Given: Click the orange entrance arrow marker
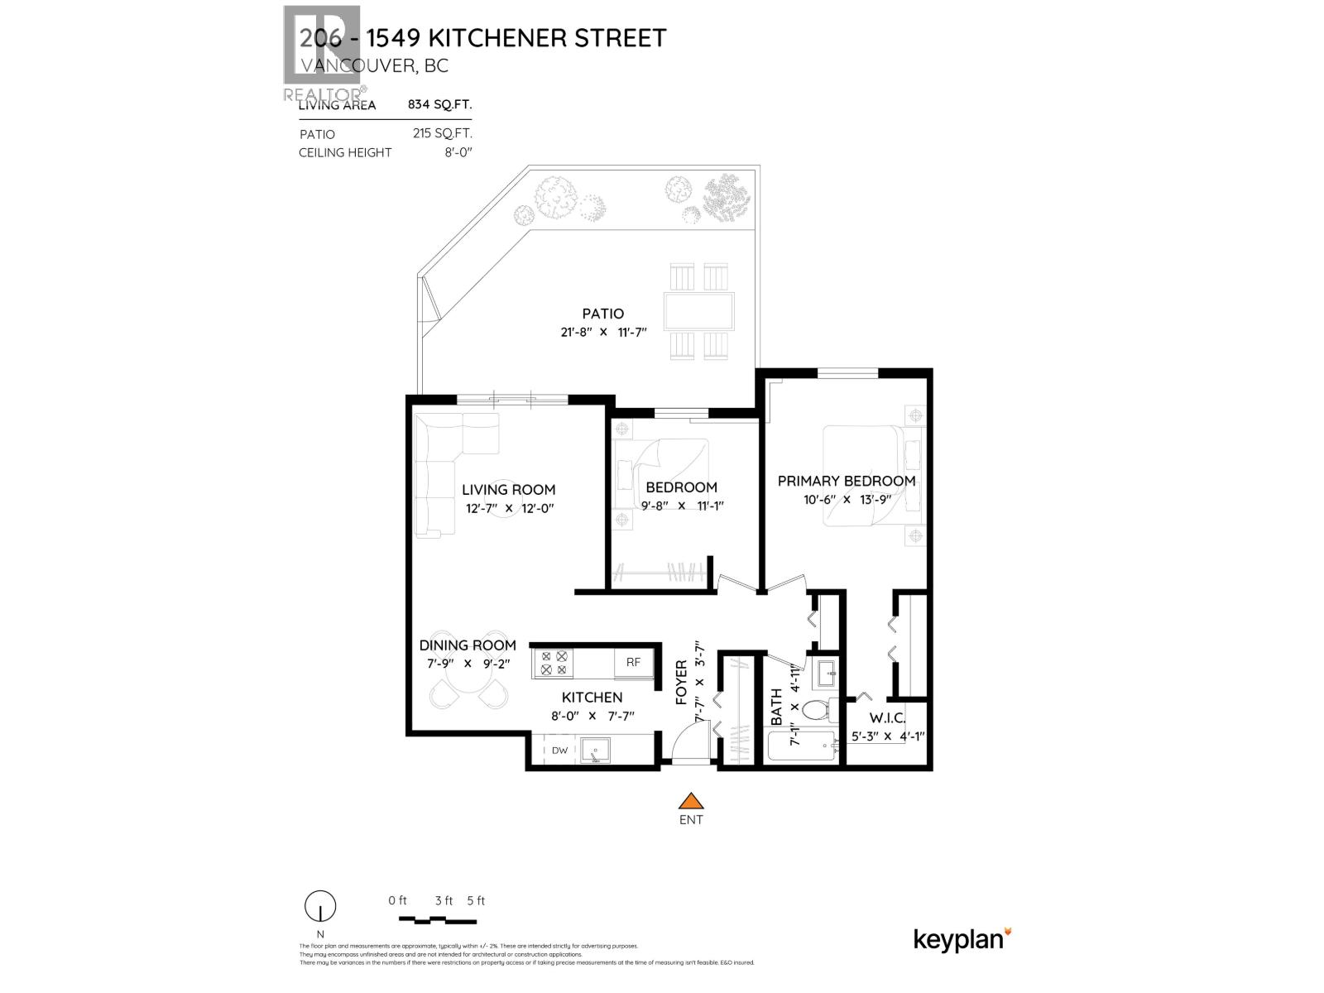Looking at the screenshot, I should coord(691,801).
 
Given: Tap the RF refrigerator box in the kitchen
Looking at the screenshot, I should coord(633,662).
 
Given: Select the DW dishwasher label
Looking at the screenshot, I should coord(560,751).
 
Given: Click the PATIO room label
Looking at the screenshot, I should coord(602,314).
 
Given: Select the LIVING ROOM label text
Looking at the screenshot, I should coord(508,489).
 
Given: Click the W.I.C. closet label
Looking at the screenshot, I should coord(887,718).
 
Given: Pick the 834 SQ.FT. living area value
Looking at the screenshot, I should coord(439,104).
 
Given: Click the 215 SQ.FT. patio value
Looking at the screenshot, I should coord(442,133).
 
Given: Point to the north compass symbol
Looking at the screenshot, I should coord(320,907).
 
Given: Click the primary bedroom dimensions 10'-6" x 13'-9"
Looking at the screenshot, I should coord(846,500).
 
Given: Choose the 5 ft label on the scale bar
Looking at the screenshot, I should coord(476,900).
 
